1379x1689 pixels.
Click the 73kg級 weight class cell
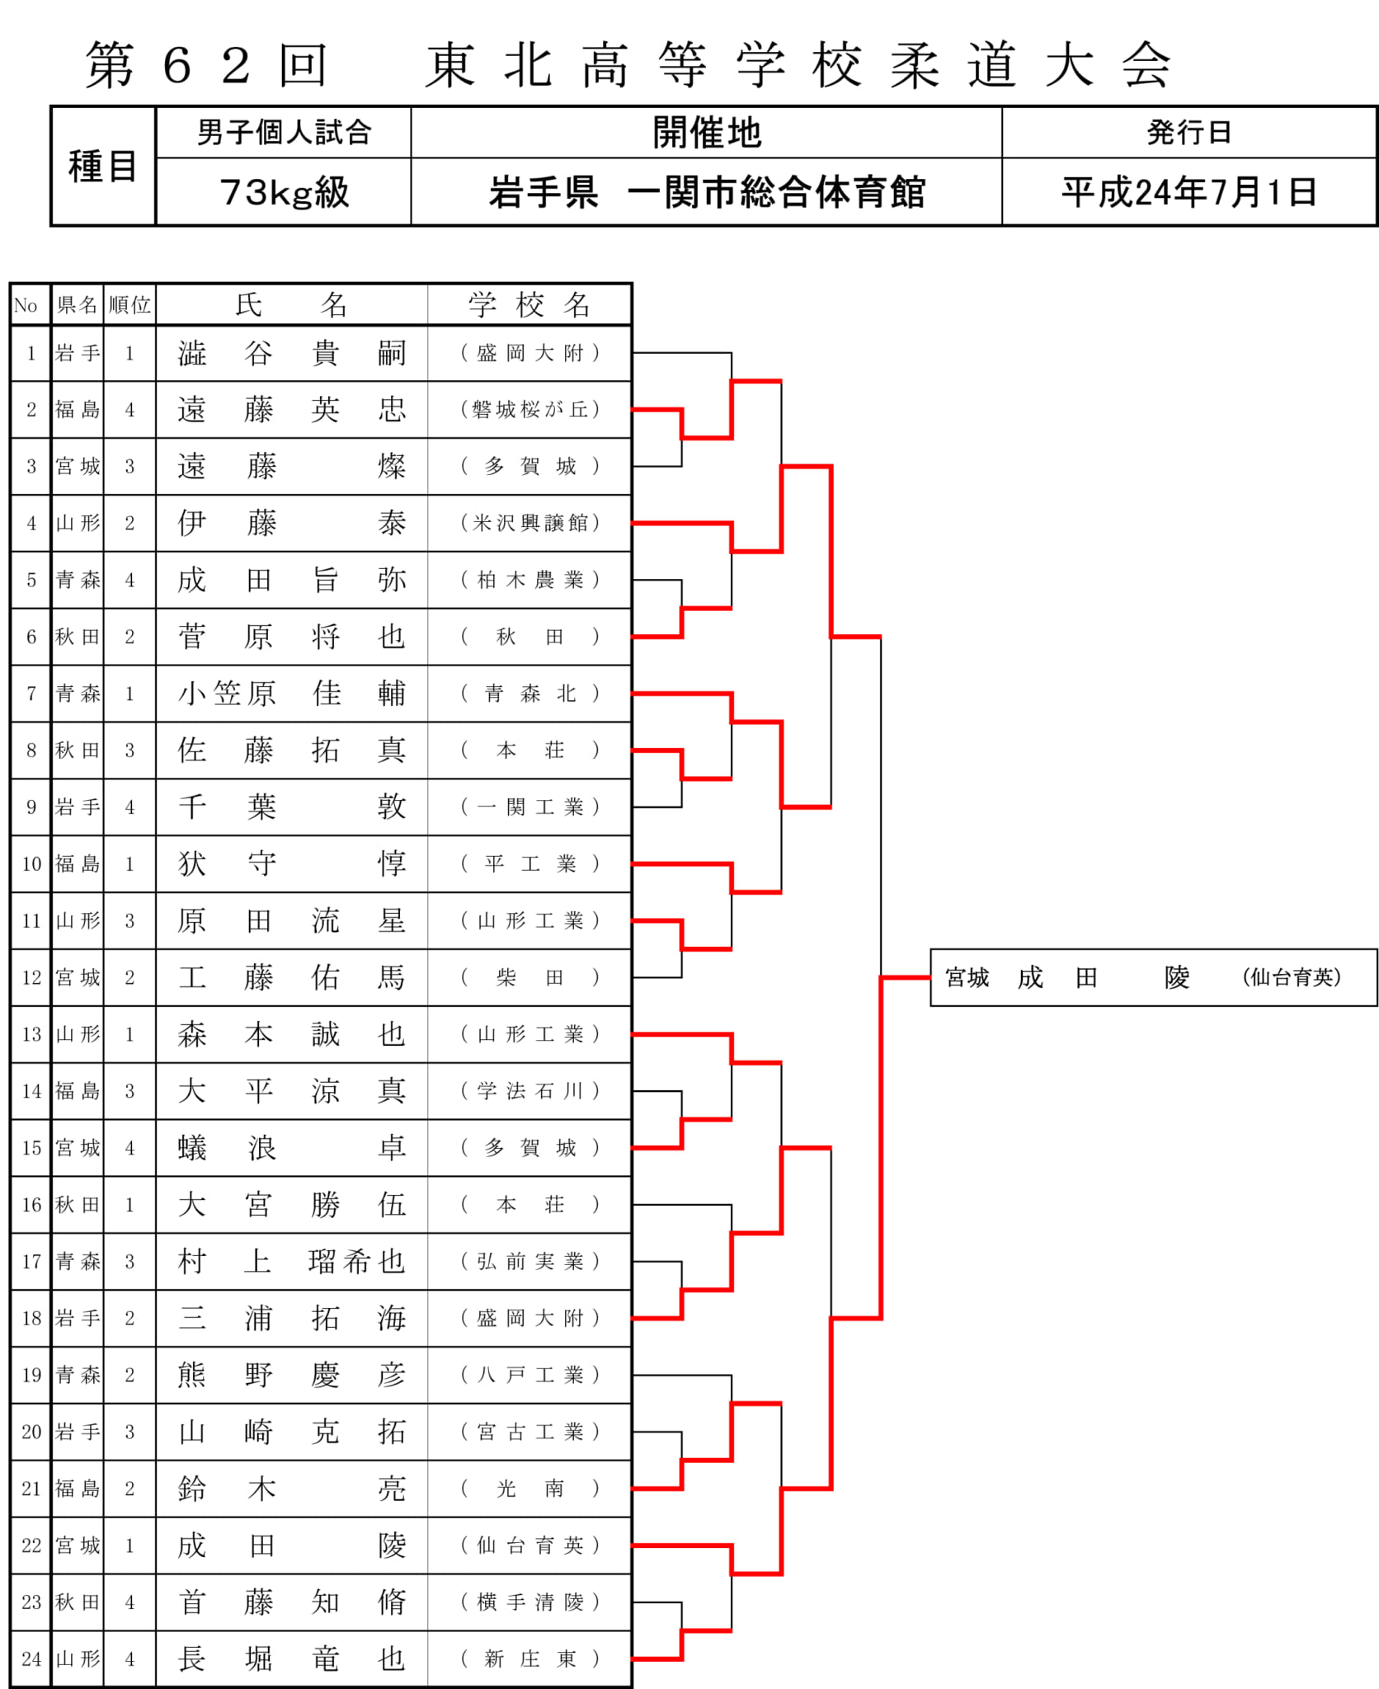[x=285, y=192]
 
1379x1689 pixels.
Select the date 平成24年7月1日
[x=1188, y=192]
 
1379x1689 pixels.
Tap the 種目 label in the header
[x=102, y=166]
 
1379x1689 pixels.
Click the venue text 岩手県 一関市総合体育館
[x=707, y=192]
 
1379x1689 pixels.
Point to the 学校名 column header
[x=529, y=305]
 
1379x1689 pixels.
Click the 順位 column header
[x=129, y=305]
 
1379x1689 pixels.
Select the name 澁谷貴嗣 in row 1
[x=292, y=353]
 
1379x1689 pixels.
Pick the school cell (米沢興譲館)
[x=530, y=523]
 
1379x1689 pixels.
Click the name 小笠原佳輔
[x=292, y=694]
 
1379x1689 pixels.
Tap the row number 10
[x=31, y=863]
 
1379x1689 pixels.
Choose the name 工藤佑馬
[x=292, y=977]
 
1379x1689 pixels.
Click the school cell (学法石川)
[x=530, y=1091]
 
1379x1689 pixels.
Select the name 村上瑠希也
[x=292, y=1261]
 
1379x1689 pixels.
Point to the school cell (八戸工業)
[x=530, y=1375]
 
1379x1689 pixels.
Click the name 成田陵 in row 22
[x=292, y=1545]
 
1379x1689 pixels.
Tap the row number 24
[x=31, y=1658]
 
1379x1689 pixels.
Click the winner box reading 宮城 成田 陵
[x=1153, y=977]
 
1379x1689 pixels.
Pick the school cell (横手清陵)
[x=530, y=1602]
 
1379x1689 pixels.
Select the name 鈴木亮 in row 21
[x=292, y=1489]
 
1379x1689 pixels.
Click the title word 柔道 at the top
[x=953, y=64]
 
